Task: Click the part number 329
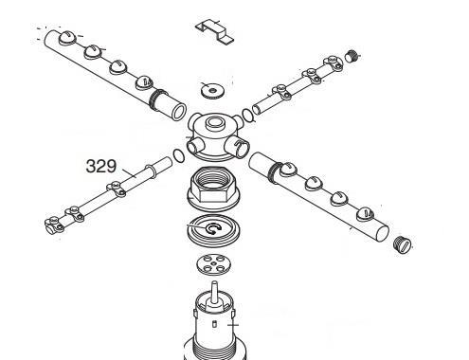point(101,166)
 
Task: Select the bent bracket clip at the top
point(214,31)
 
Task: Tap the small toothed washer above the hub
point(212,90)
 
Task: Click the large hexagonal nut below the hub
point(213,189)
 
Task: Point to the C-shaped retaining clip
point(212,228)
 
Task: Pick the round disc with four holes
point(213,264)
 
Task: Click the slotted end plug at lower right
point(403,243)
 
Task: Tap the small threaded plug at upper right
point(352,56)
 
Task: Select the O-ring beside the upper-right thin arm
point(248,115)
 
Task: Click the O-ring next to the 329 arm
point(179,156)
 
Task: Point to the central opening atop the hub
point(214,121)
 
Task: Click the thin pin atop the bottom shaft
point(214,291)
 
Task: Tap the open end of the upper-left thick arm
point(179,111)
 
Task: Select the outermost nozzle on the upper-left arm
point(67,38)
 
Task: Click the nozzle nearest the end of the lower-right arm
point(366,214)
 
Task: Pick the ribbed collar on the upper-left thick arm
point(157,99)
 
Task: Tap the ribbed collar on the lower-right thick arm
point(274,172)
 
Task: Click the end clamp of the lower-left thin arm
point(54,225)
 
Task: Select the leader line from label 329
point(129,173)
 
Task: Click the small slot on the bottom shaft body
point(214,323)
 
